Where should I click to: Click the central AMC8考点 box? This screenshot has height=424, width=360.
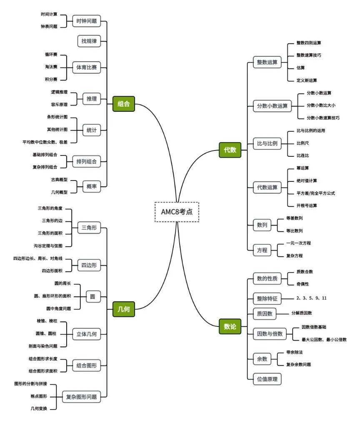(x=177, y=212)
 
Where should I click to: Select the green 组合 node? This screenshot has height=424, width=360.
(x=123, y=104)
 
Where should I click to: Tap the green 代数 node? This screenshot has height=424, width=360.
(x=230, y=150)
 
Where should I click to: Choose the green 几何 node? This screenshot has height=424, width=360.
(x=123, y=309)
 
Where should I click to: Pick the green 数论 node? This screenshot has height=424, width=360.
(x=230, y=326)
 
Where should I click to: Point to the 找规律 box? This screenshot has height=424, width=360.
(x=89, y=41)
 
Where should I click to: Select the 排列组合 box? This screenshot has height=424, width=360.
(x=86, y=161)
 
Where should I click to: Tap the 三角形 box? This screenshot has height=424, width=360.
(x=89, y=228)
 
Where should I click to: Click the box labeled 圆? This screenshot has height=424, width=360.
(x=92, y=297)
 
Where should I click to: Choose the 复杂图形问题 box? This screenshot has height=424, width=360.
(x=82, y=397)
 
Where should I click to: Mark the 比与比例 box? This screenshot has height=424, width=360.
(x=267, y=143)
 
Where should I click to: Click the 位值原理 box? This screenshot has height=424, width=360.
(x=267, y=379)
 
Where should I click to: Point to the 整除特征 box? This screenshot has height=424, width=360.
(x=267, y=299)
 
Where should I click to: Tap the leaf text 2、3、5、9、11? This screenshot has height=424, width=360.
(x=311, y=298)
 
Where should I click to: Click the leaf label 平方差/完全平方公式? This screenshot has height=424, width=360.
(x=315, y=193)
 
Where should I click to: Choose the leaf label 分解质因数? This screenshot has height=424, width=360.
(x=302, y=313)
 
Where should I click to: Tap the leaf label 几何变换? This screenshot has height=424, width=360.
(x=38, y=409)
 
